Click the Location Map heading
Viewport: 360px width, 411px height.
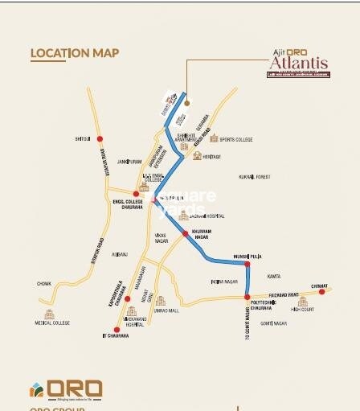(x=75, y=54)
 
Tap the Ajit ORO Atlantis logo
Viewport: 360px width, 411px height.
(x=297, y=63)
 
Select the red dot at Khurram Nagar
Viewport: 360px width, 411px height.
(x=186, y=233)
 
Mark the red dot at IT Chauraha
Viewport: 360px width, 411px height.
(x=117, y=330)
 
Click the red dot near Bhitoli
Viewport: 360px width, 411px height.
(x=100, y=139)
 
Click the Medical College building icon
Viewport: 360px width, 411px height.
(x=51, y=314)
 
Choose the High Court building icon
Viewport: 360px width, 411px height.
(x=303, y=301)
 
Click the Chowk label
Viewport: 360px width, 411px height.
(x=43, y=283)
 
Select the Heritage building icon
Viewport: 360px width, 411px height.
(x=198, y=155)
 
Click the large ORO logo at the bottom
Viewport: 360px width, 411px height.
(x=66, y=389)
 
